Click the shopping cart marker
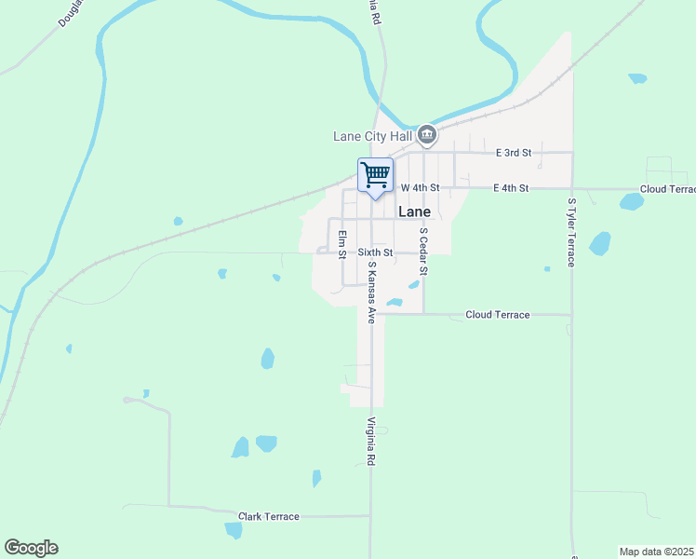375,175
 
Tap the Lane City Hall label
372,136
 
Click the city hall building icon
427,136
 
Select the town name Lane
414,211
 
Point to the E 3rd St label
513,152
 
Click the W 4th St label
420,188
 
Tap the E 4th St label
511,188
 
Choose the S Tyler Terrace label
571,232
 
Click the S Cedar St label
423,252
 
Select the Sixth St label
376,252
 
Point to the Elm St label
342,244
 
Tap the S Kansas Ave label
370,292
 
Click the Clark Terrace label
269,516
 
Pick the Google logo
31,548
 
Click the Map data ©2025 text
656,552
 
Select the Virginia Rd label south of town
370,442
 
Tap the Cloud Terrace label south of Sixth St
497,315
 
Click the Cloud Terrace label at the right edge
667,189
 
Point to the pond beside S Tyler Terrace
600,244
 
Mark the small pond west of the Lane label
177,222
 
